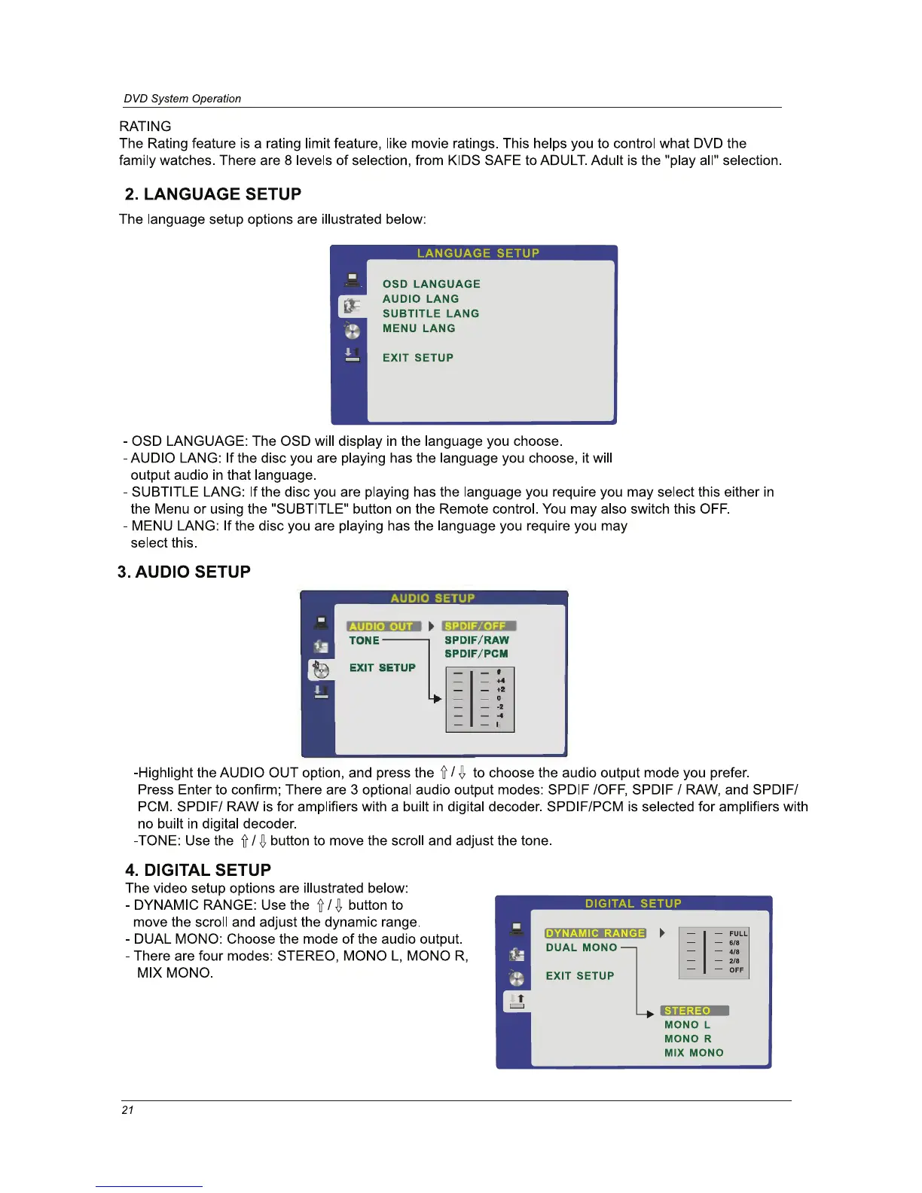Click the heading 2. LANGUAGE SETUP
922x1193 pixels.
coord(213,194)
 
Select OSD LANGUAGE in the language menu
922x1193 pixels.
coord(431,284)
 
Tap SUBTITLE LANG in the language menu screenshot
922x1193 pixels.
coord(430,313)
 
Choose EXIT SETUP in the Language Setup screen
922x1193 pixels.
coord(417,358)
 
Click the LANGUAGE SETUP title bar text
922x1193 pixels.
coord(478,253)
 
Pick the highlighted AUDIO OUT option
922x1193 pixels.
coord(382,626)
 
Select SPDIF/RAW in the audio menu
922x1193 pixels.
coord(476,640)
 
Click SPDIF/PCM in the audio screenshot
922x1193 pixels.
coord(476,654)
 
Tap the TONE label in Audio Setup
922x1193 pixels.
coord(364,640)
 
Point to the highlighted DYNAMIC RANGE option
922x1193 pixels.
coord(595,933)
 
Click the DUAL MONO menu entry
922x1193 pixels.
coord(582,947)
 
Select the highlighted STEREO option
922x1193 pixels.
coord(688,1011)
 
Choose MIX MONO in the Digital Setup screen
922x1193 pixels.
coord(694,1053)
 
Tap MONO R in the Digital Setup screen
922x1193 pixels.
coord(688,1039)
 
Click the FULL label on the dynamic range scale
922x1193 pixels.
coord(738,933)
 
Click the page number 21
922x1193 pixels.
coord(127,1110)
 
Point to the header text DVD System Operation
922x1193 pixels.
coord(182,99)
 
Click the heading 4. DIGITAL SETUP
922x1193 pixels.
coord(198,870)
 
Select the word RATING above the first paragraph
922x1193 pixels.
coord(145,127)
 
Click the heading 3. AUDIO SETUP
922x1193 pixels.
coord(184,572)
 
